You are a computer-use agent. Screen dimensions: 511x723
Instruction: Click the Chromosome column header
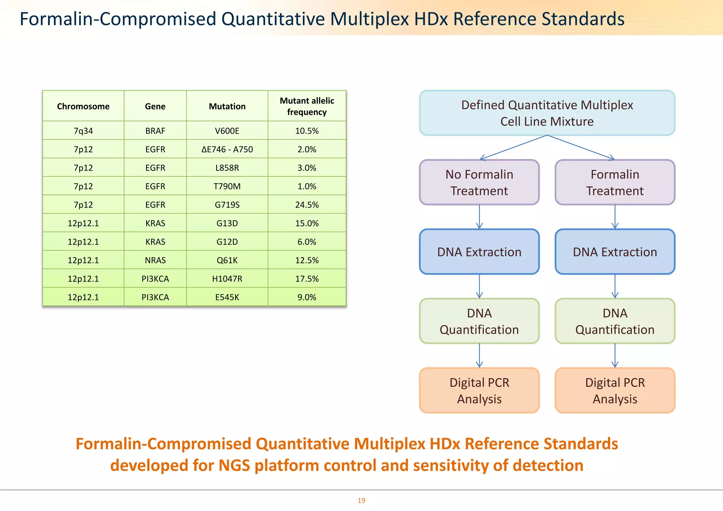tap(83, 106)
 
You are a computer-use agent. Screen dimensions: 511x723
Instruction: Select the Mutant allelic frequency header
tap(307, 106)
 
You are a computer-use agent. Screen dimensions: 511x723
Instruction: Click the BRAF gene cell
tap(155, 131)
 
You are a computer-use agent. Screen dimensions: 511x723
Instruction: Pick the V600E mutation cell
tap(227, 131)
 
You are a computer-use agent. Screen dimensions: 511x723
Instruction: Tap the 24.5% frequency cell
tap(307, 205)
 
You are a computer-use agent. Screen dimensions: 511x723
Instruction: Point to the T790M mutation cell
tap(227, 186)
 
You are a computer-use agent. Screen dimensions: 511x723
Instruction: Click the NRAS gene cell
tap(155, 260)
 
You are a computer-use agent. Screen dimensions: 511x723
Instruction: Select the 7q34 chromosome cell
tap(83, 131)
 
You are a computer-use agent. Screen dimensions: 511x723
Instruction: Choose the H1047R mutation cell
tap(227, 279)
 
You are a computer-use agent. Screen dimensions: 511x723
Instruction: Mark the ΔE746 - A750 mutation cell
tap(227, 149)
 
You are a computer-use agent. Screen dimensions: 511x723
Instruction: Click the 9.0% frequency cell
tap(307, 297)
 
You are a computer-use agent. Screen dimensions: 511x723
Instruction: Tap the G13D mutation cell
tap(227, 223)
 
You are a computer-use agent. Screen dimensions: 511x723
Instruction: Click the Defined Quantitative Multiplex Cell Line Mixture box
tap(547, 113)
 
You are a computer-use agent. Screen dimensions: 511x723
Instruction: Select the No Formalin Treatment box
tap(479, 182)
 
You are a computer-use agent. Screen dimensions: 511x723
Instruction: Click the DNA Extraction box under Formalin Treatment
tap(615, 252)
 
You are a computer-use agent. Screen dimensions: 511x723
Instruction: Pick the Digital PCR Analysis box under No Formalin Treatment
tap(479, 391)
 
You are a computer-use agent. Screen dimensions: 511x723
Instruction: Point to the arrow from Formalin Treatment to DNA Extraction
tap(615, 217)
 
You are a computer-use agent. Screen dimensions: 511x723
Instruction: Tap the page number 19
tap(361, 500)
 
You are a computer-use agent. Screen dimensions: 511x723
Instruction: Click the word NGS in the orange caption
tap(234, 465)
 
